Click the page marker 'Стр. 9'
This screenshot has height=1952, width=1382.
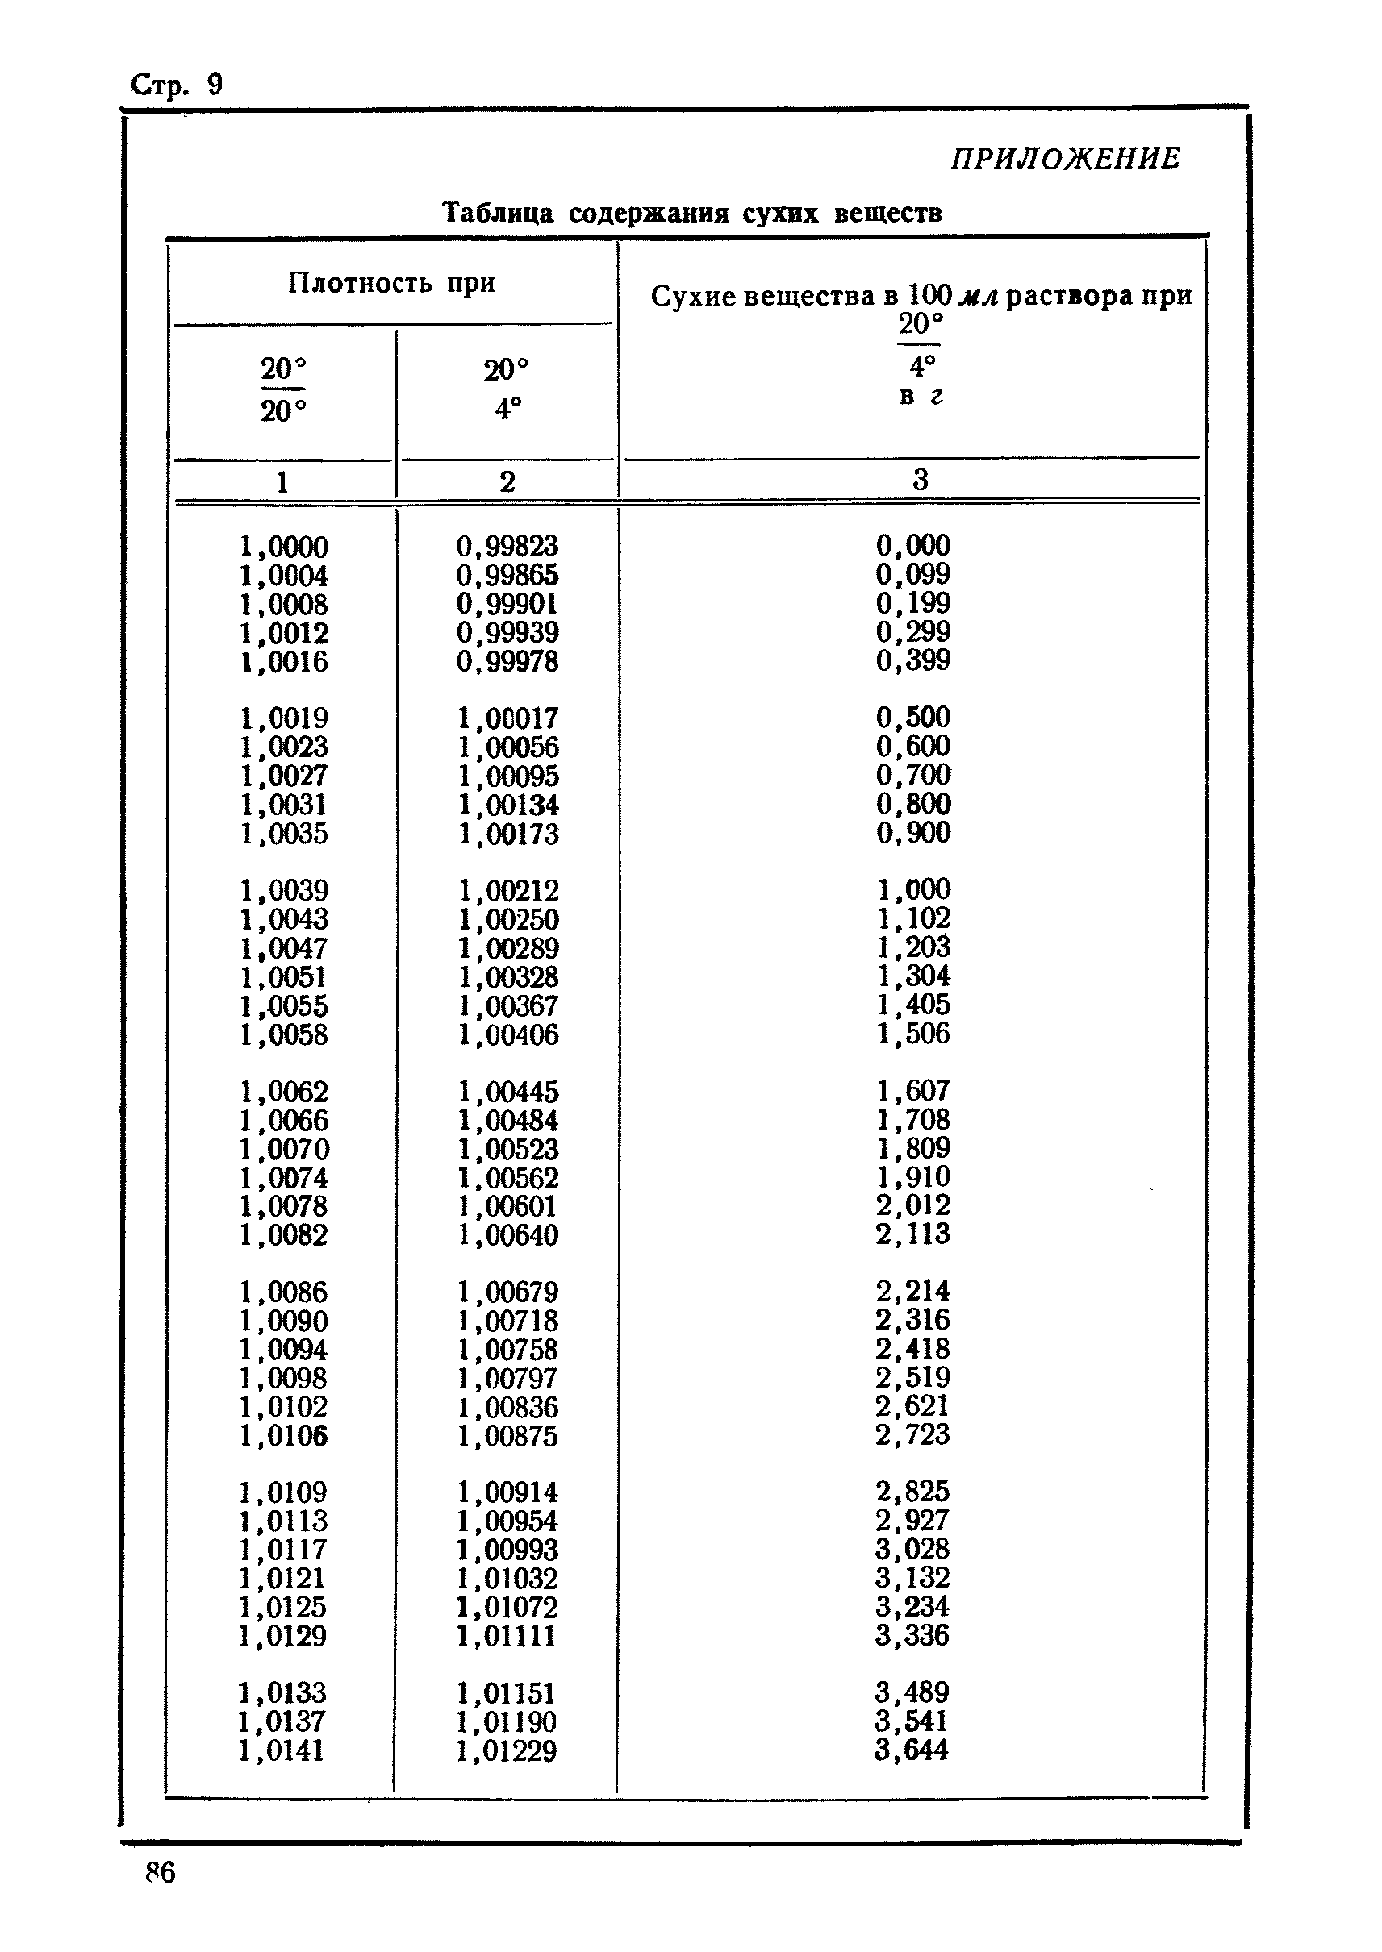point(176,85)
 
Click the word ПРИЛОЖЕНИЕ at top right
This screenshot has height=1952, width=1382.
point(1066,159)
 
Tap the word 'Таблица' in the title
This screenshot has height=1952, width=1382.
point(498,213)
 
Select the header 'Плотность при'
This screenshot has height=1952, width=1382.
point(391,282)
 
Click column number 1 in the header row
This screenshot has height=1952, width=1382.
point(282,482)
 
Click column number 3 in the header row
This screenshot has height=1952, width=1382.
point(920,480)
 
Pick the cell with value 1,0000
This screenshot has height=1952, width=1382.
point(283,547)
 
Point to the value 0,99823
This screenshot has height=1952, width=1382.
point(507,546)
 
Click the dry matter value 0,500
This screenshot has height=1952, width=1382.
point(913,717)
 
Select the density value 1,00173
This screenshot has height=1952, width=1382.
point(508,834)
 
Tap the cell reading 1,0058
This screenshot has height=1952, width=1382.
point(283,1035)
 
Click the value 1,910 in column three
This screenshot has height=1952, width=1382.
point(913,1177)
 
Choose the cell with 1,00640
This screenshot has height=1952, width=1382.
point(508,1235)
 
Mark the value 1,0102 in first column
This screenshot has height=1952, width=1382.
point(283,1407)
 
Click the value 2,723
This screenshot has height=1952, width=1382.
point(912,1435)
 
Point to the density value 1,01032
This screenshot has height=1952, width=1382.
point(507,1579)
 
